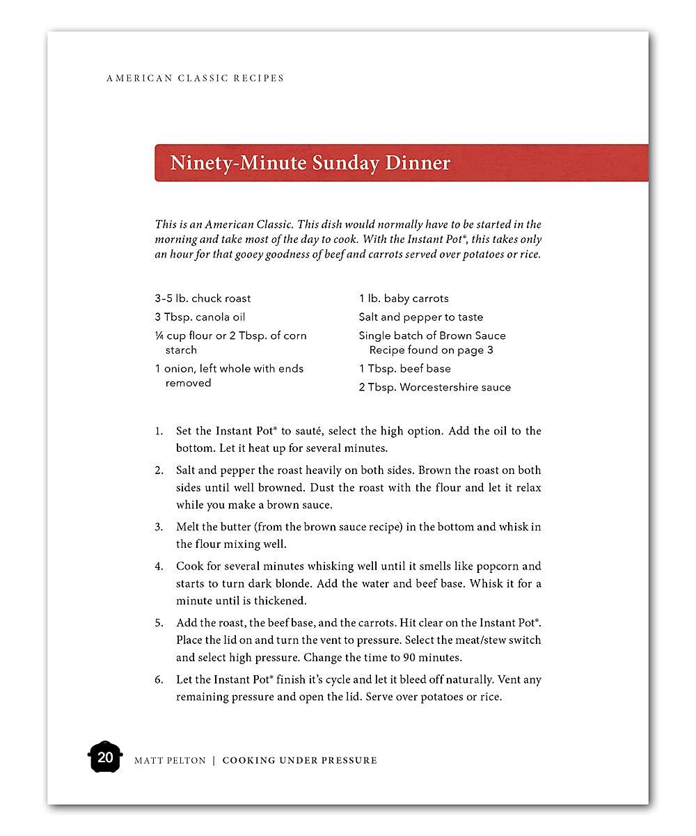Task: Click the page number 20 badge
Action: click(x=105, y=757)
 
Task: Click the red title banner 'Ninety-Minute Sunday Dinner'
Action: click(x=401, y=163)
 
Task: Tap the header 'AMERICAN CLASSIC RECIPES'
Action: click(x=195, y=78)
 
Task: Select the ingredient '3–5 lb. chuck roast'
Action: click(x=203, y=299)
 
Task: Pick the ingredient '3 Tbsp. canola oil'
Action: click(x=200, y=317)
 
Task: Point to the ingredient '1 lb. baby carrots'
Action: click(x=404, y=299)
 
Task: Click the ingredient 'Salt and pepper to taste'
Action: click(x=420, y=317)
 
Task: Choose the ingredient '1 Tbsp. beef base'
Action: click(x=404, y=369)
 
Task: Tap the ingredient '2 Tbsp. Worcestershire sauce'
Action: click(x=434, y=388)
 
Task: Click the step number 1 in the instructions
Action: click(x=159, y=432)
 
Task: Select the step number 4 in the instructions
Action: click(x=159, y=567)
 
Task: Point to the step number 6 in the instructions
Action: click(x=159, y=680)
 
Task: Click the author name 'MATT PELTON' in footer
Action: click(x=170, y=761)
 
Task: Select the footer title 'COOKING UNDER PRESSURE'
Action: click(x=299, y=761)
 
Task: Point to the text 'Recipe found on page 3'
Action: click(x=431, y=350)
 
